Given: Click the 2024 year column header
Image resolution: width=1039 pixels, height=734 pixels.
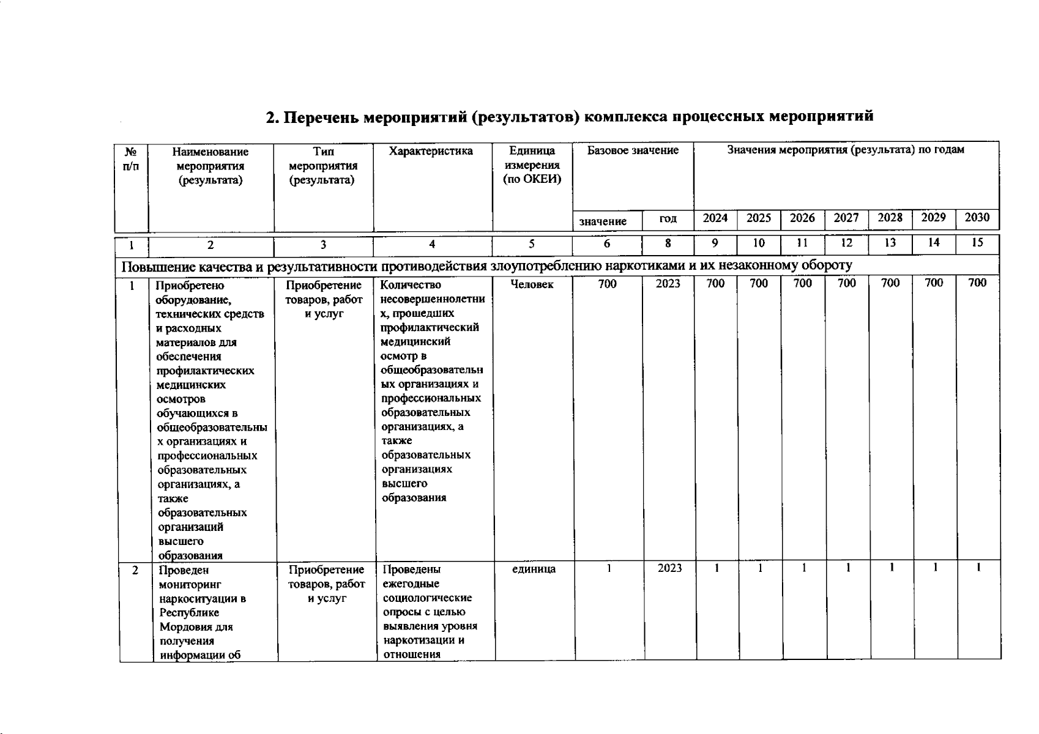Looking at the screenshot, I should tap(715, 218).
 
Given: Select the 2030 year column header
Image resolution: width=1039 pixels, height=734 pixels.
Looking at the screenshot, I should tap(977, 218).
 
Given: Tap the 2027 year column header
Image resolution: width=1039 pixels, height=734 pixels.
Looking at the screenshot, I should tap(846, 218).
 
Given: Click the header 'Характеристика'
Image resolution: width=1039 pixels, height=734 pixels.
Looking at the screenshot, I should tap(431, 151).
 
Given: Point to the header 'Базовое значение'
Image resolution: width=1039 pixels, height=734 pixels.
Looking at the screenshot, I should tap(633, 150).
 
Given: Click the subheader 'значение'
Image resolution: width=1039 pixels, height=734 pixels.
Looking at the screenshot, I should tap(603, 221).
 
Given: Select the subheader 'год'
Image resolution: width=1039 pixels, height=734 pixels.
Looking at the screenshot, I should tap(668, 219).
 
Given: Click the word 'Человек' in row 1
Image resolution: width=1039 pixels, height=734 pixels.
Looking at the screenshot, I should tap(532, 284).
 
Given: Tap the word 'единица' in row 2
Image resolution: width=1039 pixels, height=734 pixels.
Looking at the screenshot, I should tap(534, 569).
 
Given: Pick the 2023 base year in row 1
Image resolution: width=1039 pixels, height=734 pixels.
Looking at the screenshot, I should tap(668, 284).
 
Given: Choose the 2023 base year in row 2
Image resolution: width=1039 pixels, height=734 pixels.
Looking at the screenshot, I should tap(669, 568).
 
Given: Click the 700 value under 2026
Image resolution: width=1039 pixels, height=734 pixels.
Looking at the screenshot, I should tap(803, 283).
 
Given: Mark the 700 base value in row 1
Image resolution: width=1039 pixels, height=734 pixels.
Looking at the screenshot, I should tap(608, 284).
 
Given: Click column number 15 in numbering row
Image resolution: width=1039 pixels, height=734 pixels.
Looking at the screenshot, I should tap(977, 243).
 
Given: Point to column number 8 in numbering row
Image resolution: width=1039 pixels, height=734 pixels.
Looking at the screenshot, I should tap(668, 243).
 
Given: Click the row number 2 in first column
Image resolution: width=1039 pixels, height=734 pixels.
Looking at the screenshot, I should tap(135, 570).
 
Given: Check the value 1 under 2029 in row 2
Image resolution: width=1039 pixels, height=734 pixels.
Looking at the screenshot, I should tap(935, 568).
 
